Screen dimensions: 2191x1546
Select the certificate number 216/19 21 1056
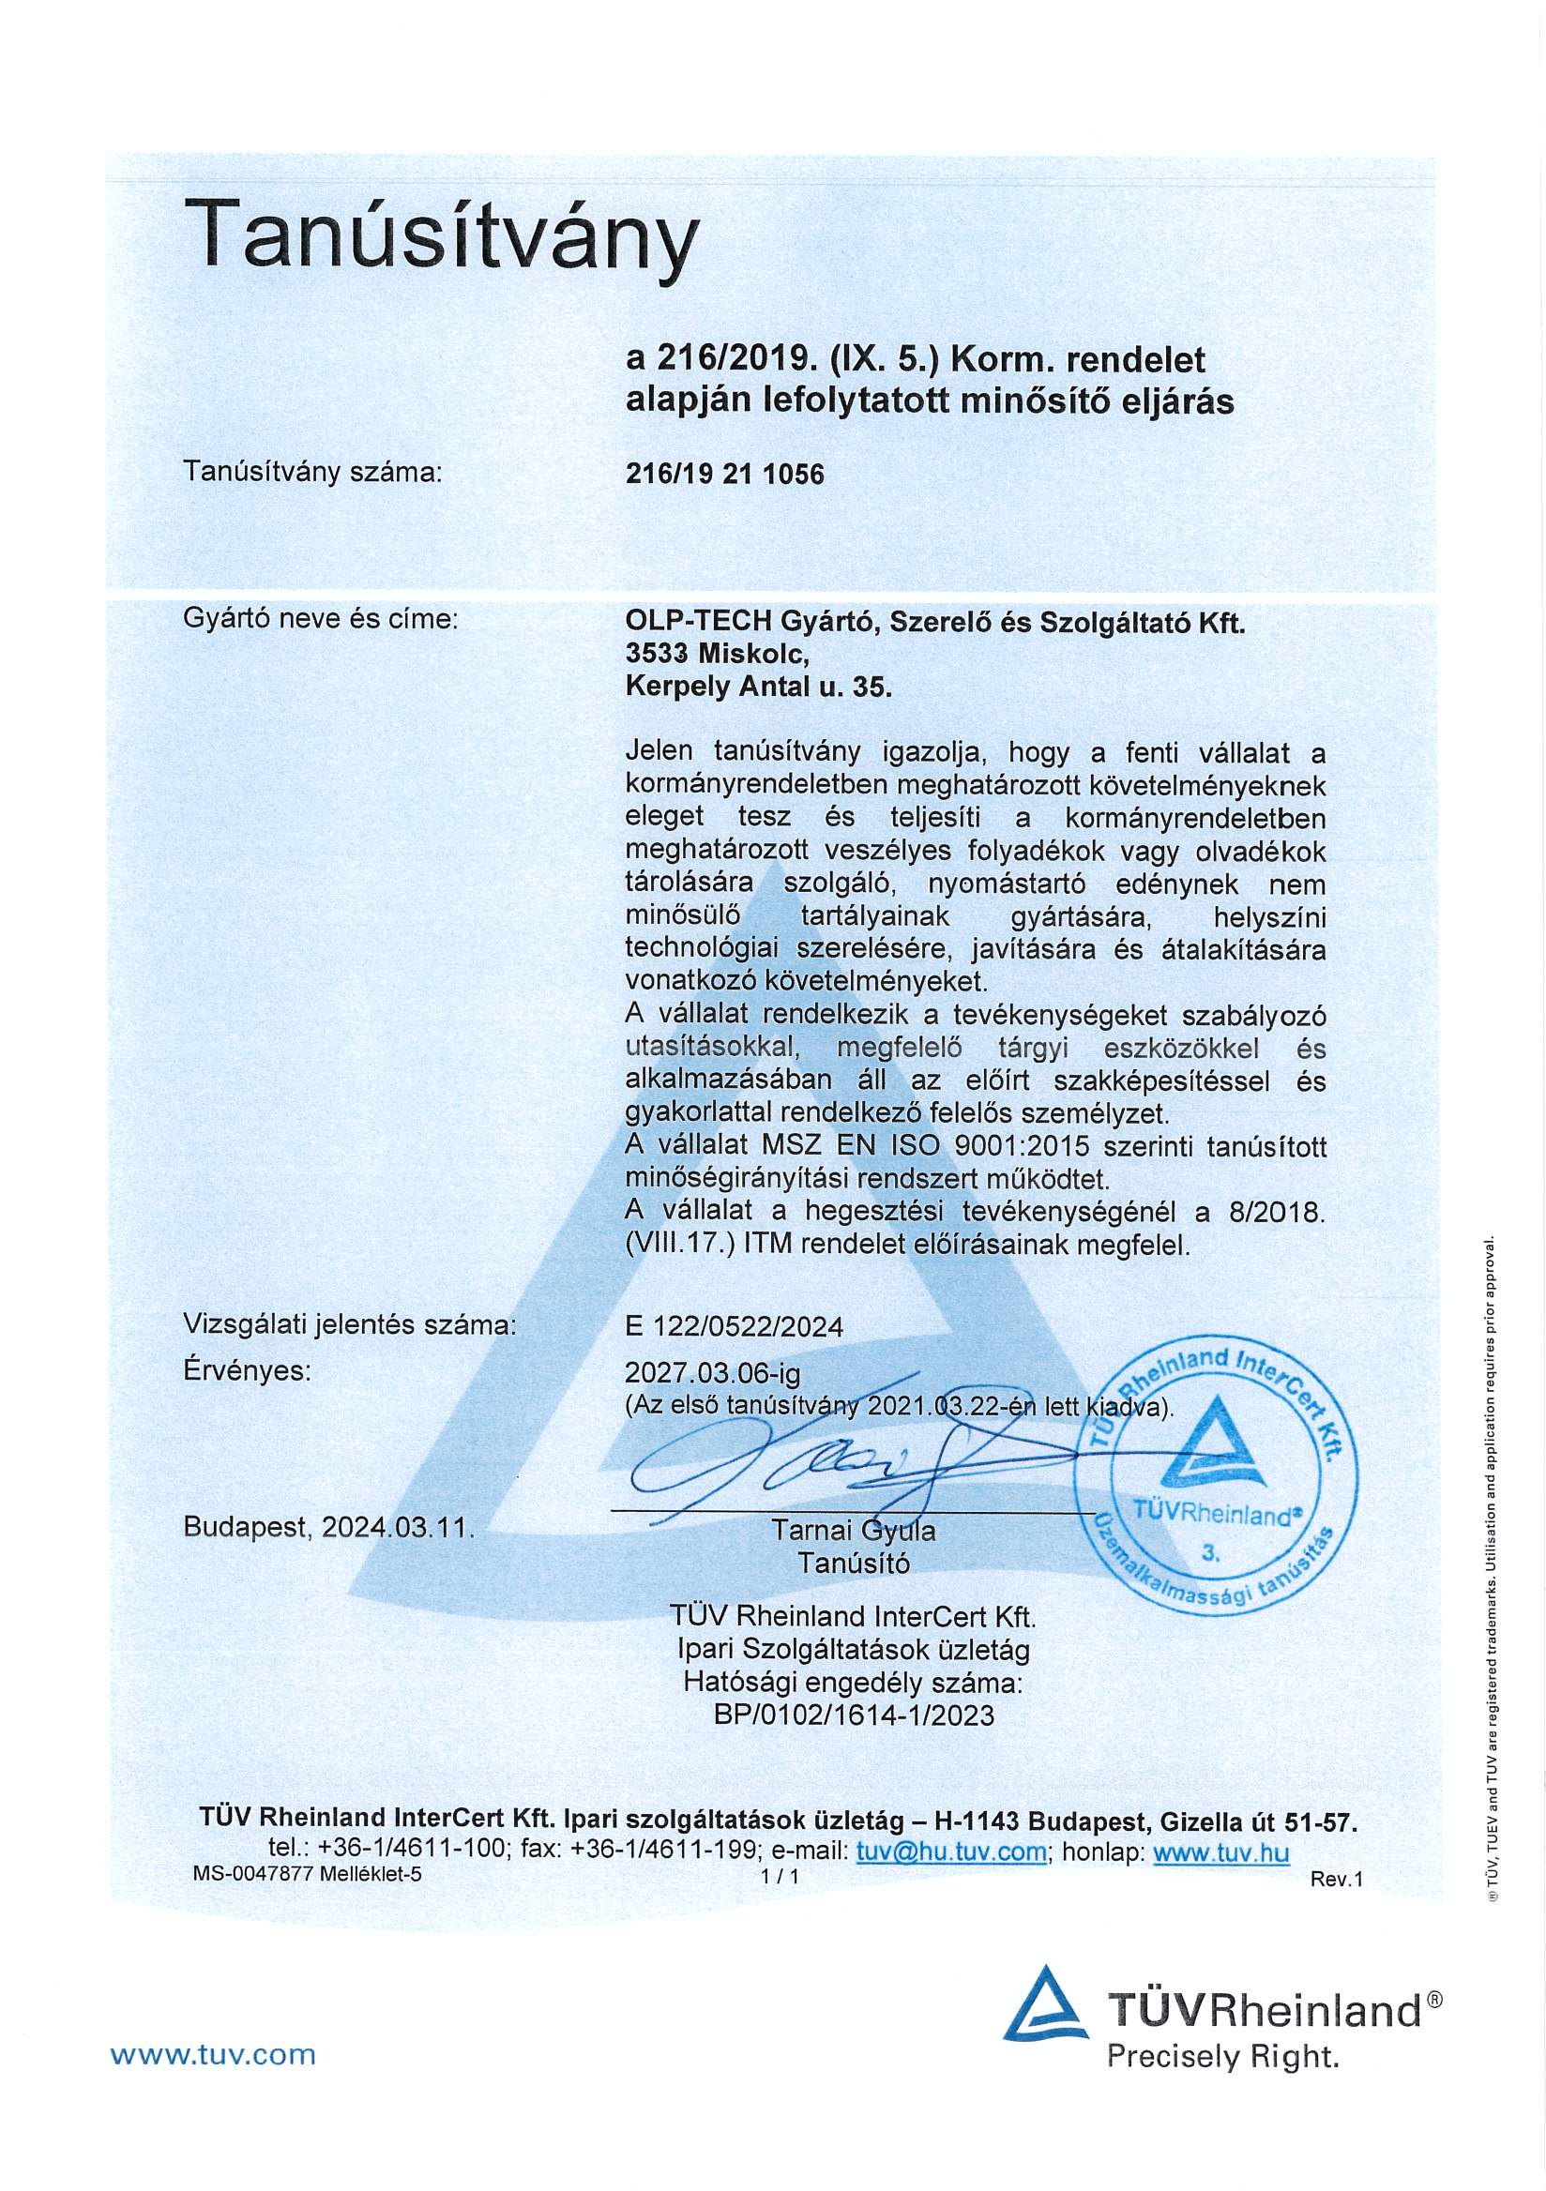[x=724, y=475]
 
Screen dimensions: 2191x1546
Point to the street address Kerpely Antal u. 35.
[x=758, y=688]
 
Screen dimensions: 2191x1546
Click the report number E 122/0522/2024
[x=734, y=1326]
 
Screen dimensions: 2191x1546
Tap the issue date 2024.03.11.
[x=397, y=1528]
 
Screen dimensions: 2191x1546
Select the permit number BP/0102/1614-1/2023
[x=853, y=1715]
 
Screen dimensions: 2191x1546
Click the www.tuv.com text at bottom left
[x=213, y=2053]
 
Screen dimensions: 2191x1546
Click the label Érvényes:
[x=247, y=1372]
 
